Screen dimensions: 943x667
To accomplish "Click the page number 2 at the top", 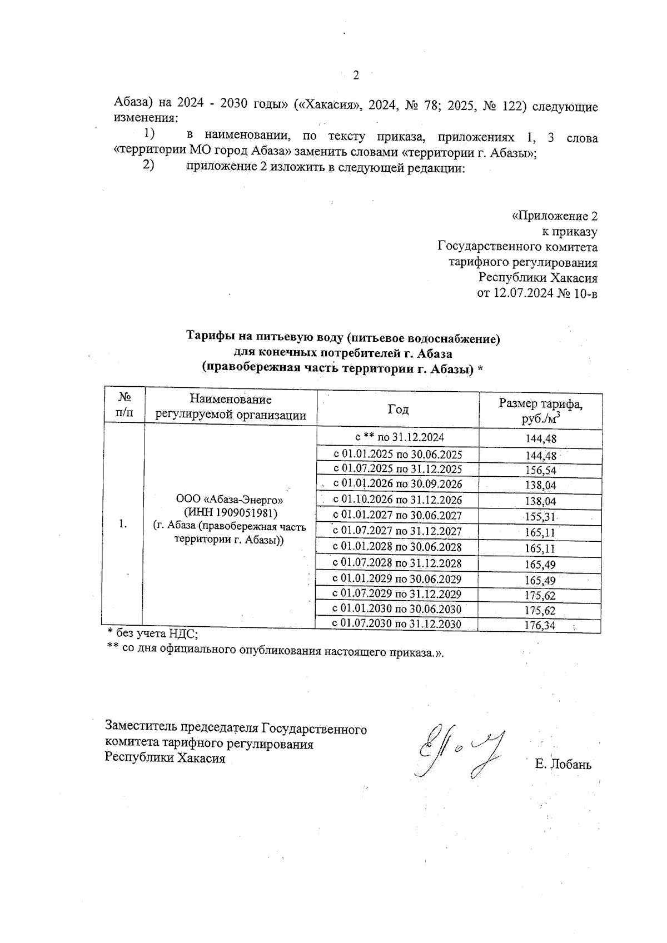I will coord(356,76).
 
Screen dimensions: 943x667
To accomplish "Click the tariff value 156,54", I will coord(540,470).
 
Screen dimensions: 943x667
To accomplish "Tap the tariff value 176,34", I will coord(540,626).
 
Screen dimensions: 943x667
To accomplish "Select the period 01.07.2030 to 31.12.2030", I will coord(397,623).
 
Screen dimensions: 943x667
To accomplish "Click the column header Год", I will coord(398,410).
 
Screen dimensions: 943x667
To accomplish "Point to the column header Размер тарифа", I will coord(540,404).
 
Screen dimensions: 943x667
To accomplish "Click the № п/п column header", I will coord(125,405).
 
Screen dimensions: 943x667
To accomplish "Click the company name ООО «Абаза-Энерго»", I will coord(231,499).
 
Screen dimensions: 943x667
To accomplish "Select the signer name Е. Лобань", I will coord(563,765).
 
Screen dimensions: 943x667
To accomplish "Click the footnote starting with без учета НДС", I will coord(153,632).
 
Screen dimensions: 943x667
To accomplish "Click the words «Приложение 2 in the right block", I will coord(554,216).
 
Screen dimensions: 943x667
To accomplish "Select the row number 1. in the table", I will coord(123,523).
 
